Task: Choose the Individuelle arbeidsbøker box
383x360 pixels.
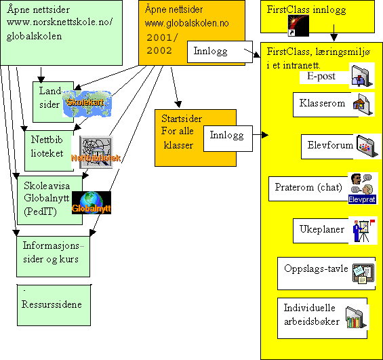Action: click(x=311, y=316)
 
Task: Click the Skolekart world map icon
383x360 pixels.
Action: click(x=87, y=103)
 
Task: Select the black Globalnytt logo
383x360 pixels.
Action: click(x=91, y=202)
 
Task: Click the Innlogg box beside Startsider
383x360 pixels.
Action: click(x=227, y=136)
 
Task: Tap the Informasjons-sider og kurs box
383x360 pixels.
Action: click(x=53, y=252)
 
